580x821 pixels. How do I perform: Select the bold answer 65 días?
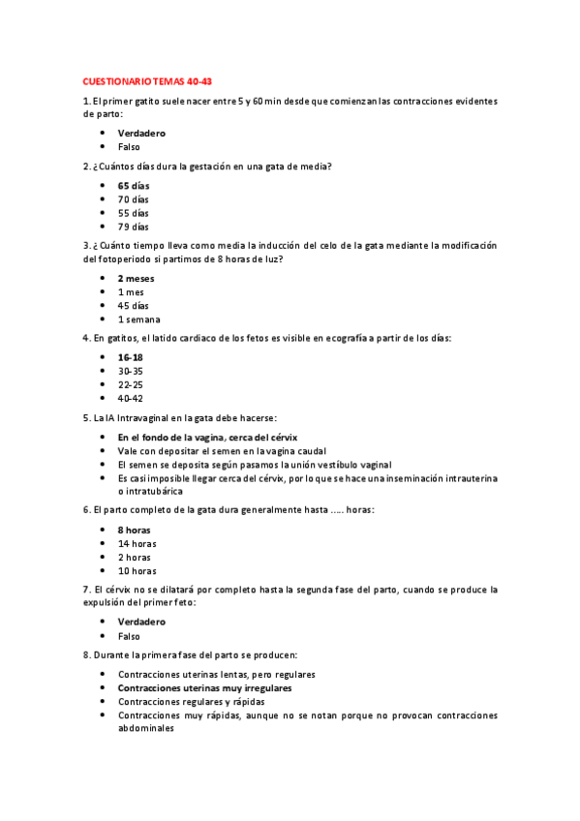(x=134, y=185)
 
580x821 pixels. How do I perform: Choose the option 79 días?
(x=134, y=226)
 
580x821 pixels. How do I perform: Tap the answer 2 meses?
(x=136, y=278)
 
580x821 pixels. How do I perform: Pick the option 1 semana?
(x=139, y=319)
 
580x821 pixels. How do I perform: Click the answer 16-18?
(x=130, y=357)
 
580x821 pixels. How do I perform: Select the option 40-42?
(x=131, y=397)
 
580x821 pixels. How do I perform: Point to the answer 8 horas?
(x=134, y=530)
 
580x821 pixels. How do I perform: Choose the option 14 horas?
(x=137, y=543)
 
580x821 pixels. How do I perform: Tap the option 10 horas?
(x=137, y=570)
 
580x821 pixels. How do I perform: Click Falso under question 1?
(x=129, y=146)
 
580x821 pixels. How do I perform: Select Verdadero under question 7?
(x=141, y=622)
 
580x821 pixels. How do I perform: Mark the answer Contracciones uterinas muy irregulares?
(x=205, y=687)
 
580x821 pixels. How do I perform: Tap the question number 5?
(x=86, y=417)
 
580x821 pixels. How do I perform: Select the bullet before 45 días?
(x=103, y=305)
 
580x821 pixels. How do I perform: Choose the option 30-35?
(x=131, y=370)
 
